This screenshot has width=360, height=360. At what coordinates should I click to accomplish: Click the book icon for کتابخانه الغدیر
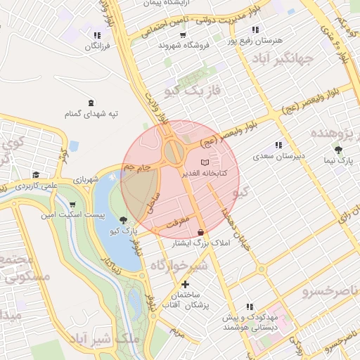(205, 162)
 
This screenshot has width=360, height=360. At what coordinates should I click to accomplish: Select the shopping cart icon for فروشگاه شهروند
(184, 33)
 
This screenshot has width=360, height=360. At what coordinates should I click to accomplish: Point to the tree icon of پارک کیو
(124, 219)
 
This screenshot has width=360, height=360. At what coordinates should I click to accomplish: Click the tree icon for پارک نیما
(339, 150)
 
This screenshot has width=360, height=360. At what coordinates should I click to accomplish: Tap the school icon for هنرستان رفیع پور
(255, 30)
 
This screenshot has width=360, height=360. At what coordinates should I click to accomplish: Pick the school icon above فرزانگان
(96, 35)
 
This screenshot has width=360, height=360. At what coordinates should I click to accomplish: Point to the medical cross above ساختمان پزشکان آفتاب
(185, 284)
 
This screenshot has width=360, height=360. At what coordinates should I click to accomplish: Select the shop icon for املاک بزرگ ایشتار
(202, 232)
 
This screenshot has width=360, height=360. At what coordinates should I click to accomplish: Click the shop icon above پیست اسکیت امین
(73, 205)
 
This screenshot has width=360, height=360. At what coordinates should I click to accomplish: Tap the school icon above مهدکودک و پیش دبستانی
(249, 307)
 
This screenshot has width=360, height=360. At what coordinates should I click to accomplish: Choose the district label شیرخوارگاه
(179, 264)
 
